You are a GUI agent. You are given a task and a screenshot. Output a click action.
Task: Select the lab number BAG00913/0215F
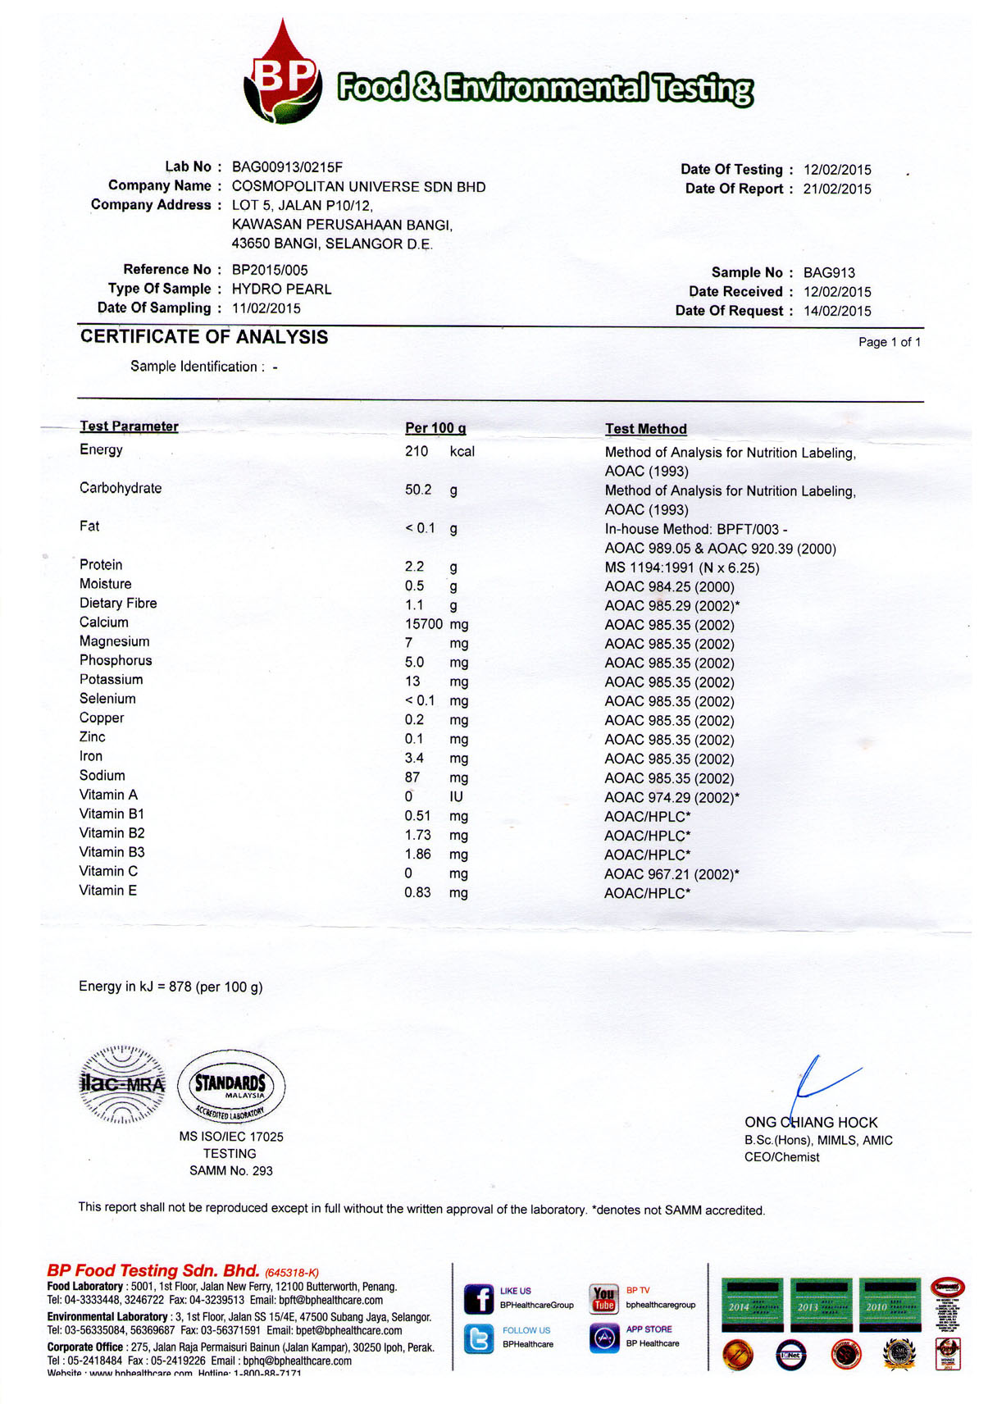[287, 167]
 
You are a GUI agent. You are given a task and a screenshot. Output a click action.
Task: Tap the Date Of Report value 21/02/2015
[837, 189]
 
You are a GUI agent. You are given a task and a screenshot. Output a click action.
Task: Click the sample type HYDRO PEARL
[281, 289]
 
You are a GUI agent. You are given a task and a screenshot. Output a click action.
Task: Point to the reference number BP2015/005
[270, 270]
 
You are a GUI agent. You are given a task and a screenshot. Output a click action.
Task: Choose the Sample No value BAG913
[829, 273]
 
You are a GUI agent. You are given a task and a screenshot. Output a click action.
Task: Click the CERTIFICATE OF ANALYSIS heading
[204, 337]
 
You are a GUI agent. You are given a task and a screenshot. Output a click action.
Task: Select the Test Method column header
[646, 429]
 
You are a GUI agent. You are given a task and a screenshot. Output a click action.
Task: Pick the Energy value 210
[417, 452]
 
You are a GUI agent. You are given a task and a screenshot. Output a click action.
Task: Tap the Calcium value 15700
[424, 625]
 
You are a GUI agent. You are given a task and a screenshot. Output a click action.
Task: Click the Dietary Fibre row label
[118, 604]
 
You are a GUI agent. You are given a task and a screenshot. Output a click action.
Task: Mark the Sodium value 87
[412, 777]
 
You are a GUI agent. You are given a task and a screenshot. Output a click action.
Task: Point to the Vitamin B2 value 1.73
[417, 835]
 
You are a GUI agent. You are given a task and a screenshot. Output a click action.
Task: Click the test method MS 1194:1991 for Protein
[681, 568]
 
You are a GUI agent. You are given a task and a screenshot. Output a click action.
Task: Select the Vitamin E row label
[108, 891]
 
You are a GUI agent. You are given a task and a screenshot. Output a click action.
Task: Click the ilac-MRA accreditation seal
[122, 1085]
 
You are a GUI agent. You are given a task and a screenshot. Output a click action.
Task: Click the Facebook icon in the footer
[479, 1299]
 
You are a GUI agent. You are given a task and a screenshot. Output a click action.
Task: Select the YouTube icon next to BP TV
[603, 1298]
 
